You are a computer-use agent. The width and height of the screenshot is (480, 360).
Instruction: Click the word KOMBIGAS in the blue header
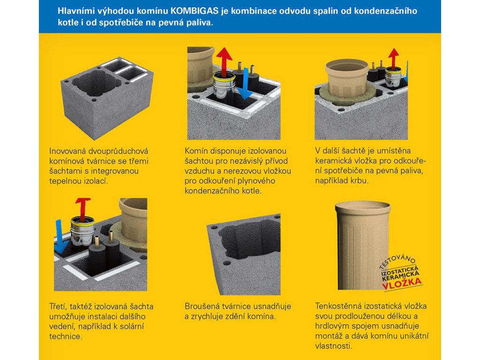tap(194, 11)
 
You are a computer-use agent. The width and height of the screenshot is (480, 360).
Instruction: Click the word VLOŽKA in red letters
tap(402, 284)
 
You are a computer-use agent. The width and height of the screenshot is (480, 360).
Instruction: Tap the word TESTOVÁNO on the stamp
tap(397, 261)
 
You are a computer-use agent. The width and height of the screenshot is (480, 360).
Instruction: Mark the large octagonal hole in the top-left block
tap(97, 83)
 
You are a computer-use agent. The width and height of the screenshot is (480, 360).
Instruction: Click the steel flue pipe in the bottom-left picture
tap(82, 231)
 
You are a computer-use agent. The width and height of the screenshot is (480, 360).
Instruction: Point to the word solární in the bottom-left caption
tap(131, 326)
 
